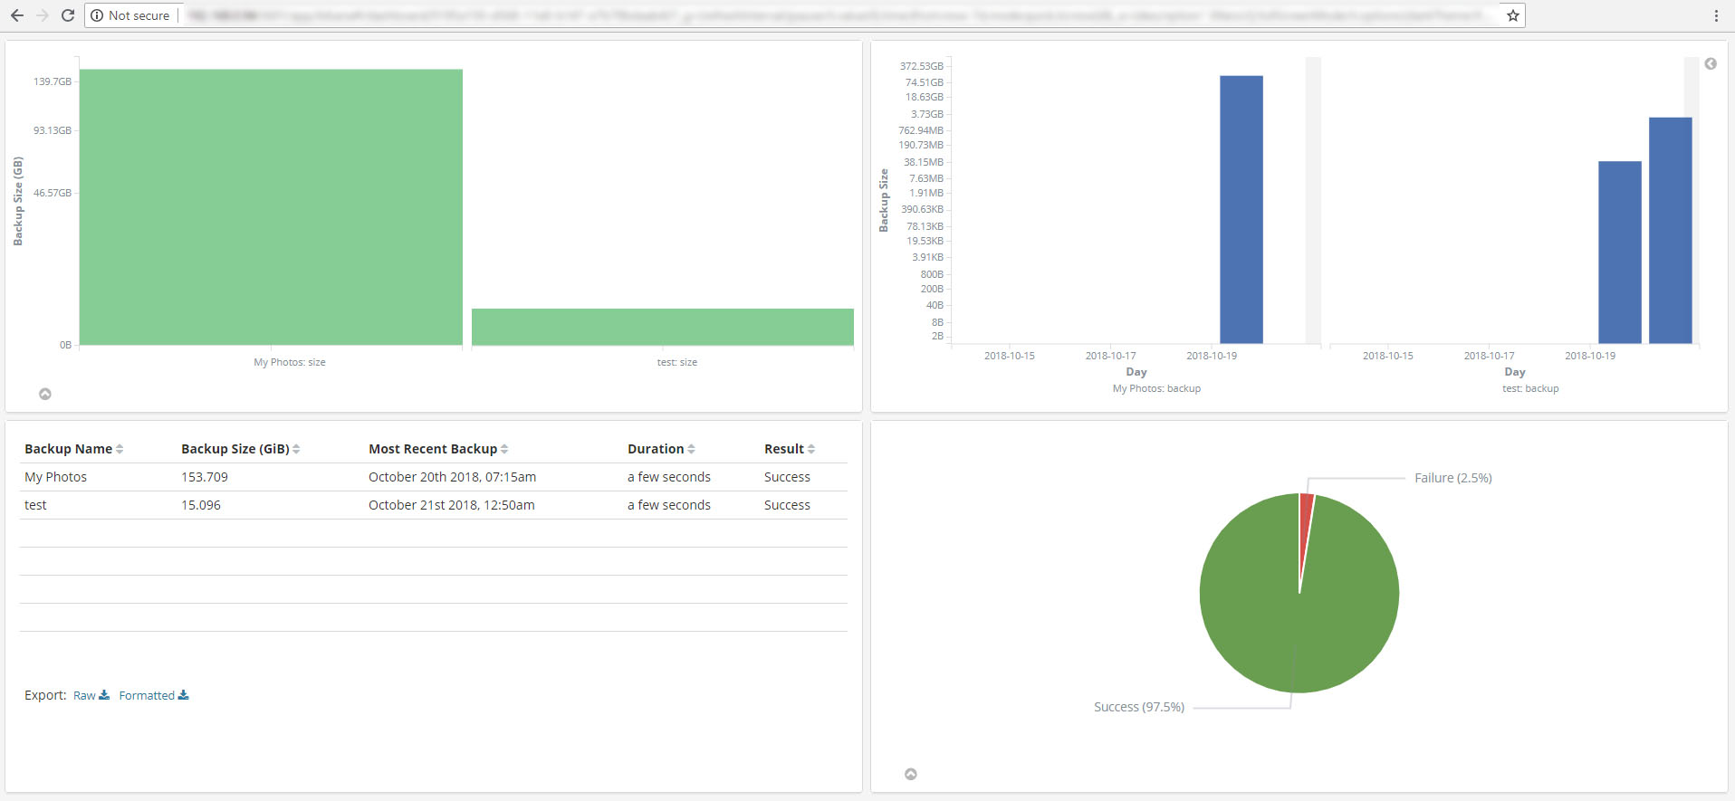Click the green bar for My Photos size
coord(271,207)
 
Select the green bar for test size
coord(662,327)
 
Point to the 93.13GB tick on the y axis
coord(53,130)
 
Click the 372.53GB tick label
coord(921,66)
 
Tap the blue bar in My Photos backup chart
coord(1241,209)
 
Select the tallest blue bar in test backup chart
coord(1670,230)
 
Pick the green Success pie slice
coord(1299,615)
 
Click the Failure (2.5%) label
coord(1452,478)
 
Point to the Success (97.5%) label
coord(1138,707)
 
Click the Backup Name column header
coord(68,449)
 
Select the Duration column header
coord(656,449)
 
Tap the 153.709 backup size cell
coord(205,477)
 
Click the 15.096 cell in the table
coord(201,505)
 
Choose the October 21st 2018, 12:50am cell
coord(451,505)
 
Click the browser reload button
coord(67,15)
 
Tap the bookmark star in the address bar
coord(1512,15)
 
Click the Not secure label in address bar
coord(138,15)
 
